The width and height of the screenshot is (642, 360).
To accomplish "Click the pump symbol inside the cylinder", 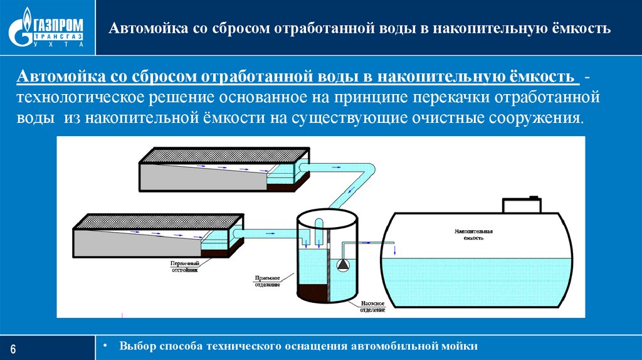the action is [x=343, y=264].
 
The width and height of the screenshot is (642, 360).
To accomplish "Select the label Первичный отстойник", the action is [x=185, y=267].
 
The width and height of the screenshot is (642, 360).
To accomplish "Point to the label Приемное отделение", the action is [x=267, y=280].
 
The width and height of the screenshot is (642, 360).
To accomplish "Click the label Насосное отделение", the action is [x=374, y=305].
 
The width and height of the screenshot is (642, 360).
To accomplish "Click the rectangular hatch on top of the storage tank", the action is [x=522, y=205].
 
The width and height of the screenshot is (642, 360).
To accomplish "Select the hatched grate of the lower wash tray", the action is [x=159, y=220].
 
